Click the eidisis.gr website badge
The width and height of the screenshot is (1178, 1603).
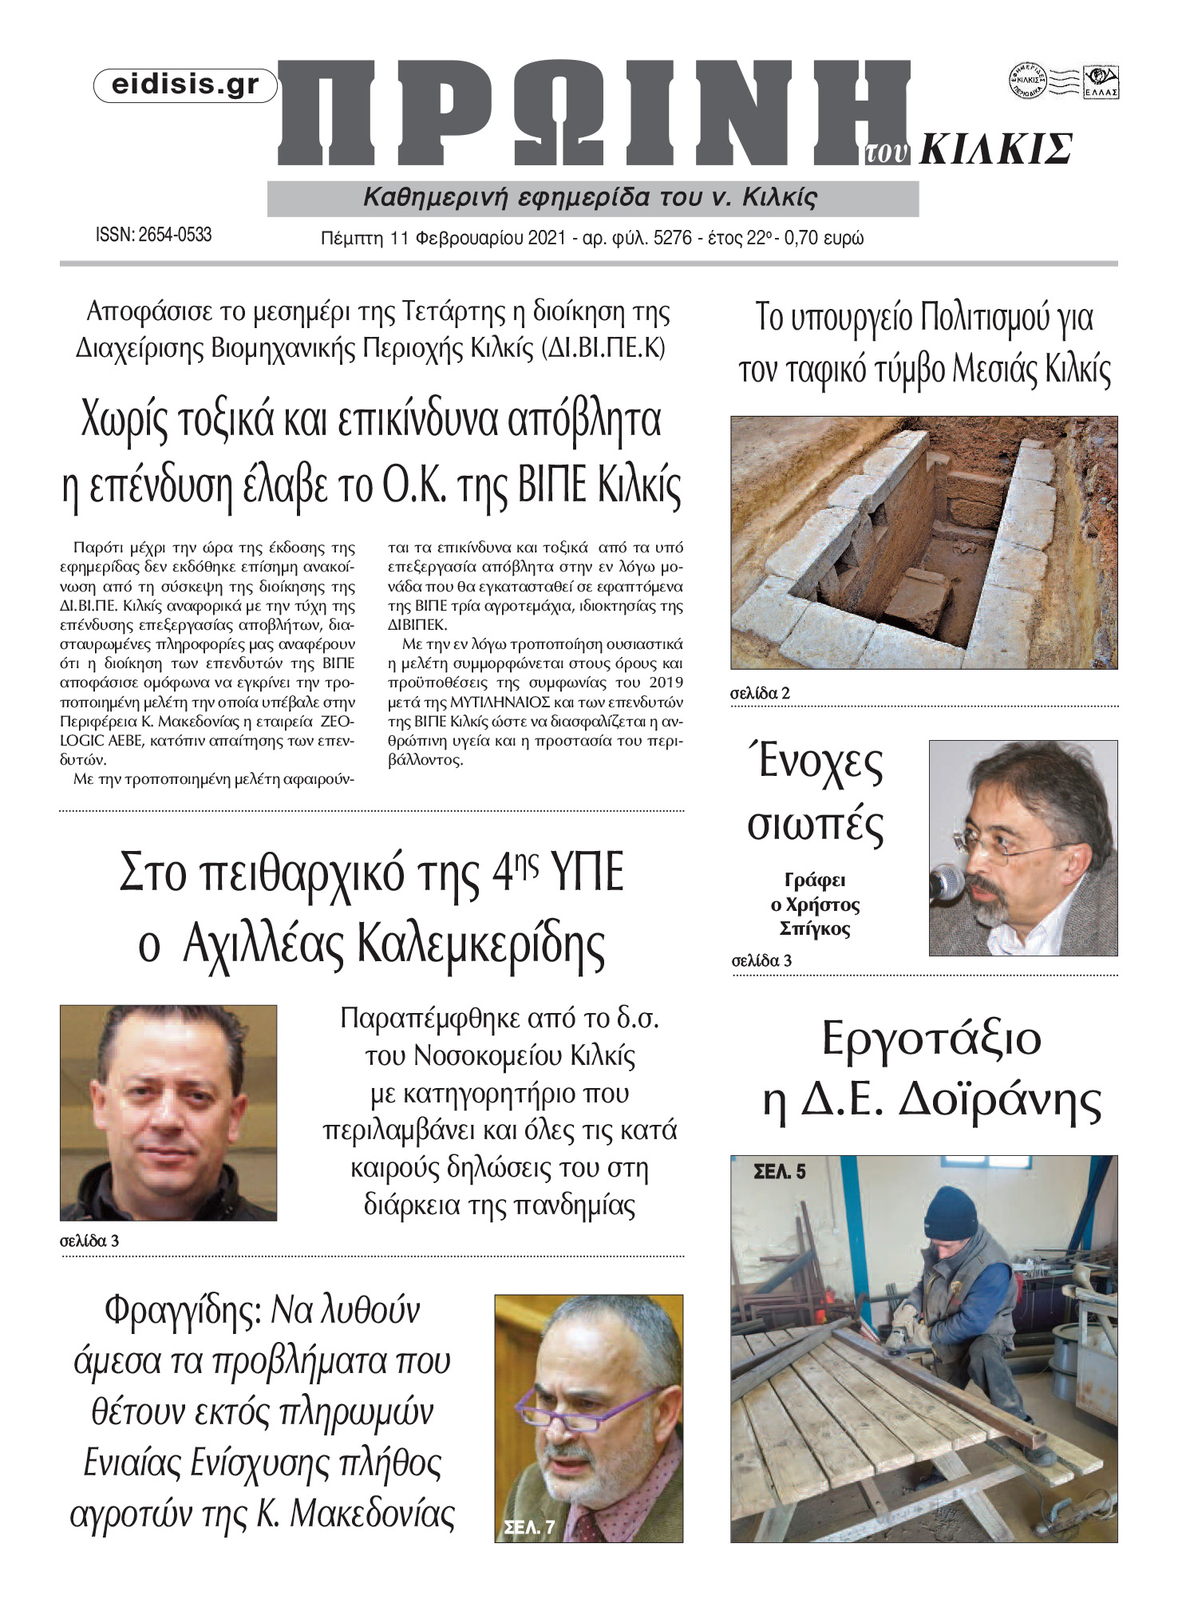pyautogui.click(x=185, y=85)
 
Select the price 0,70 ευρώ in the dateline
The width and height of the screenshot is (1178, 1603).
pyautogui.click(x=824, y=238)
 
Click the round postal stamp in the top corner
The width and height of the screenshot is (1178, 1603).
pyautogui.click(x=1027, y=81)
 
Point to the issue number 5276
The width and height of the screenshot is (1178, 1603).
pyautogui.click(x=672, y=238)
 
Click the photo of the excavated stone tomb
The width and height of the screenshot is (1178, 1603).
pyautogui.click(x=923, y=542)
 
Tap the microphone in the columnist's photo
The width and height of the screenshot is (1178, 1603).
pyautogui.click(x=947, y=881)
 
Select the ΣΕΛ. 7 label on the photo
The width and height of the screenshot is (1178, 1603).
pyautogui.click(x=529, y=1528)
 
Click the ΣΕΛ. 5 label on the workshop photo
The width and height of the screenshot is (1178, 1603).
pyautogui.click(x=780, y=1172)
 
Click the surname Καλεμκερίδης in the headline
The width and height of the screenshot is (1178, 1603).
pyautogui.click(x=474, y=944)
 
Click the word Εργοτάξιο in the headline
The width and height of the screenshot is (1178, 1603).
pyautogui.click(x=931, y=1040)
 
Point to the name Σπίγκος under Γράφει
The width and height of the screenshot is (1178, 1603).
pyautogui.click(x=814, y=928)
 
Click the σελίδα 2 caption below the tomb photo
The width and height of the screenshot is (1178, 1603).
pyautogui.click(x=760, y=693)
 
